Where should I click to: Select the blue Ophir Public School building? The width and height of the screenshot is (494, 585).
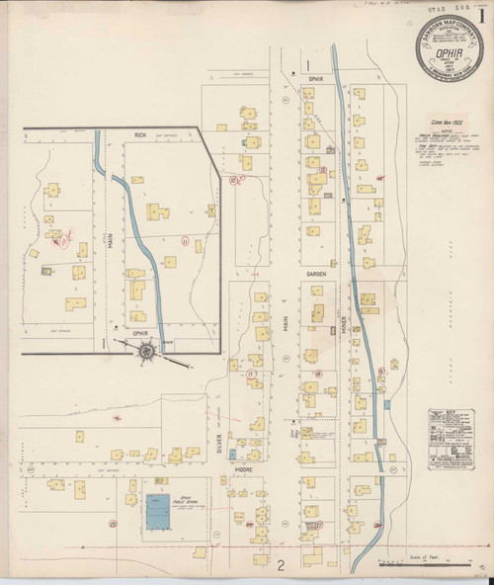coord(156,511)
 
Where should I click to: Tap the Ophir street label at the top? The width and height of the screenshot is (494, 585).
coord(315,77)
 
